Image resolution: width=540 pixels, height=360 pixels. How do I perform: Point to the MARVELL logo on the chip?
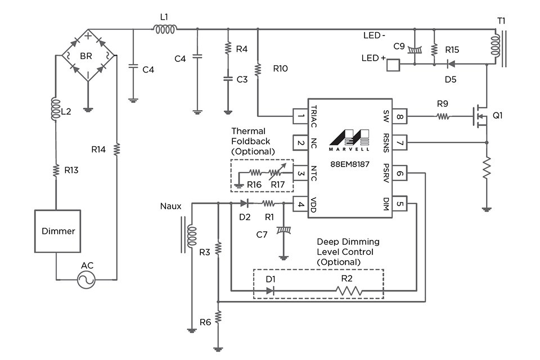tap(349, 140)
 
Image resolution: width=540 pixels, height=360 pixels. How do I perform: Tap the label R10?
tap(281, 69)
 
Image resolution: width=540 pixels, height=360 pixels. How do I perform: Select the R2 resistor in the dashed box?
tap(349, 291)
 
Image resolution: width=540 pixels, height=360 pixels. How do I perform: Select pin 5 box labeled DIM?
tap(399, 204)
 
